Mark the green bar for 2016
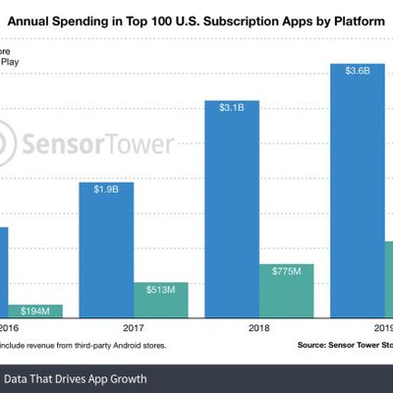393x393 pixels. [x=35, y=311]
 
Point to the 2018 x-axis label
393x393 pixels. [x=256, y=330]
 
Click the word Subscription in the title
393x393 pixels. [x=239, y=18]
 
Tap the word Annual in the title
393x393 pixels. [x=59, y=18]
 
